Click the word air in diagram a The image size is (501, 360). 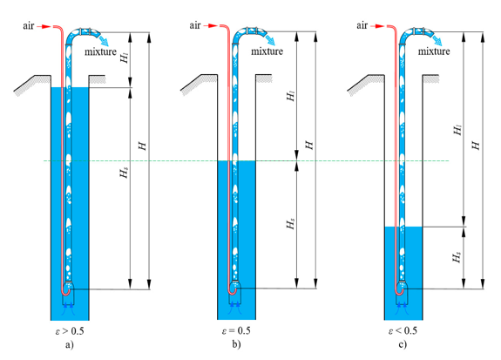[28, 25]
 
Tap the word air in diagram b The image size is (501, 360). [195, 25]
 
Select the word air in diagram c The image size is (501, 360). [362, 25]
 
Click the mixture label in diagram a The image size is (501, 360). [100, 51]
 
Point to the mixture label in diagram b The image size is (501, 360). [267, 51]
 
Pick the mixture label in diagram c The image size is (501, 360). [434, 51]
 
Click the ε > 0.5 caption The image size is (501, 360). [70, 331]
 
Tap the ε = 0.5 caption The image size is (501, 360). [236, 330]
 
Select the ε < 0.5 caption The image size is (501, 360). [403, 330]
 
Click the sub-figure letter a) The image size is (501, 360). [70, 345]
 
